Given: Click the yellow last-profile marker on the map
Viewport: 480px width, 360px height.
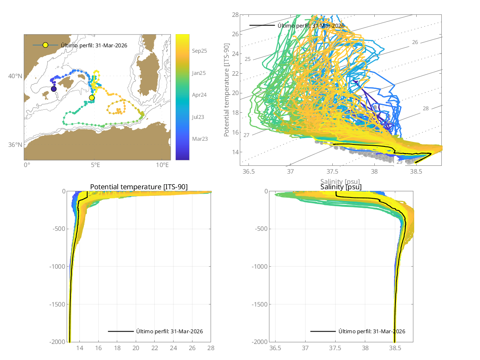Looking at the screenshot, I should (92, 98).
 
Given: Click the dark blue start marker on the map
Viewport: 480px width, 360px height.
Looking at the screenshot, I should (54, 89).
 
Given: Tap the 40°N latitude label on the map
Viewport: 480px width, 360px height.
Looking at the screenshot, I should (15, 76).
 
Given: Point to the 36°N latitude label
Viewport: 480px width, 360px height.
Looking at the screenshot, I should (15, 145).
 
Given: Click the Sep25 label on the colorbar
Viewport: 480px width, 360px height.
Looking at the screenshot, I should (199, 51).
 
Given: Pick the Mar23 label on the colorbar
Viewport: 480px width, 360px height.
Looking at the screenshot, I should (199, 139).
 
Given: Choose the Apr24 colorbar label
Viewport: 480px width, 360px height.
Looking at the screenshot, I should (199, 95).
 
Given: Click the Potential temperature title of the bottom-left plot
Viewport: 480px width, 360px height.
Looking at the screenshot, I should (139, 187).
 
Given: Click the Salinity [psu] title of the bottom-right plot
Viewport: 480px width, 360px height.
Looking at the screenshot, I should (341, 187).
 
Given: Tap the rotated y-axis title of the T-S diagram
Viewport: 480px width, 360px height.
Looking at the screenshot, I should (227, 91).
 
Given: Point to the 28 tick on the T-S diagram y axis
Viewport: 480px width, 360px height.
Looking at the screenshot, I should (235, 15).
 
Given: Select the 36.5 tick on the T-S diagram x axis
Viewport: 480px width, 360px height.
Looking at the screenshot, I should (249, 171).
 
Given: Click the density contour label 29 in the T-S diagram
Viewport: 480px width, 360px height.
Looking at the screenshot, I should (399, 162).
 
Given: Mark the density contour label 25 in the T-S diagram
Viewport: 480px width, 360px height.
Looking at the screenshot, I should (248, 59).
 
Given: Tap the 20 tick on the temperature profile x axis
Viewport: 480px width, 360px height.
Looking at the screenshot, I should (136, 348).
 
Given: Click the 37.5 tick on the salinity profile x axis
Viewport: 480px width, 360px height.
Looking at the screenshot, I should (335, 348).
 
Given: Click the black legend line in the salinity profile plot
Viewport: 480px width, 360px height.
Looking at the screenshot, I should (323, 331).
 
